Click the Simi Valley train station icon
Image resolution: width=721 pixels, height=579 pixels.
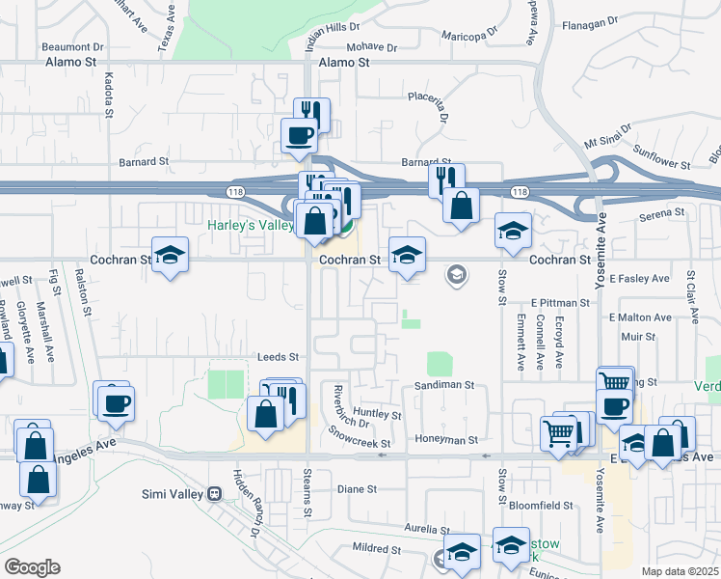215,492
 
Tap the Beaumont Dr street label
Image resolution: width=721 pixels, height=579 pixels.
72,46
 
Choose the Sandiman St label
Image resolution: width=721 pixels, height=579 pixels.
444,384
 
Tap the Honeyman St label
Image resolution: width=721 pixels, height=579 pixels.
446,440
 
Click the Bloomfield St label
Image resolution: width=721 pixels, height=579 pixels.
542,505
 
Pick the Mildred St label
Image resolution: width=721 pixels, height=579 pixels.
376,548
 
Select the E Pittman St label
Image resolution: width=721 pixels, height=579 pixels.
559,303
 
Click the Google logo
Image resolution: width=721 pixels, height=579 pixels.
32,566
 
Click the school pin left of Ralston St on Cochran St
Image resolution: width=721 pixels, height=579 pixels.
170,255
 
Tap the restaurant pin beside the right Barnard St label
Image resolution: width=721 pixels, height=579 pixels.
446,179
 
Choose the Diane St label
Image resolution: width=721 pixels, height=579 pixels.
357,489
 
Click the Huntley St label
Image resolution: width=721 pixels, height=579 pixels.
377,414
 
